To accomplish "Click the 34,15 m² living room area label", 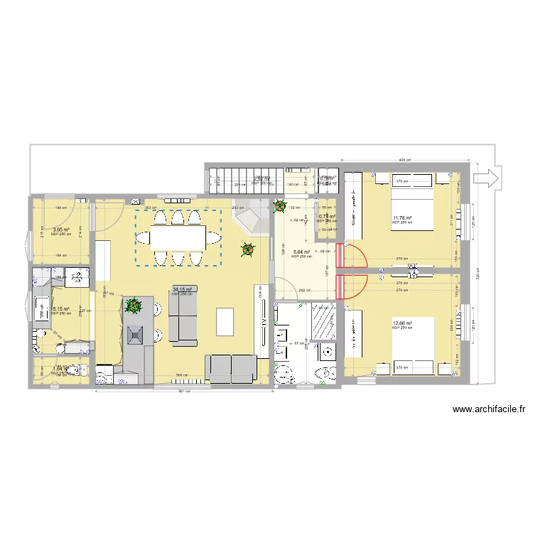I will (183, 290).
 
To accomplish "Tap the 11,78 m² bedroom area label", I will (402, 218).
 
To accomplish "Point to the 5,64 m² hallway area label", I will (301, 251).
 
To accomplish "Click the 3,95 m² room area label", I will (60, 230).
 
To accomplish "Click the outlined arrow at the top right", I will (488, 178).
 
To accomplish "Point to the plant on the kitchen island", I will (133, 306).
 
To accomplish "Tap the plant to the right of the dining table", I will (247, 249).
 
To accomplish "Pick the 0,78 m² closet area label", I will (326, 217).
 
